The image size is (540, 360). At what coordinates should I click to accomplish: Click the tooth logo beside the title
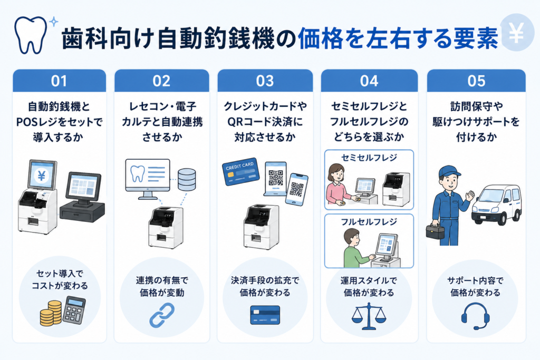(x=30, y=35)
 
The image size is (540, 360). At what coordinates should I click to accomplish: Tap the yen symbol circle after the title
(x=516, y=33)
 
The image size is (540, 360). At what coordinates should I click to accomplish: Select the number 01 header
(x=59, y=81)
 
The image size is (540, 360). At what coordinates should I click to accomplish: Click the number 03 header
(x=265, y=81)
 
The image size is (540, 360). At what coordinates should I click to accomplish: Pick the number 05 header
(x=476, y=81)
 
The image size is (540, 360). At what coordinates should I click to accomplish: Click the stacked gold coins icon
(x=51, y=313)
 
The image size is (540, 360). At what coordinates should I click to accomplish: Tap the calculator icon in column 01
(x=74, y=310)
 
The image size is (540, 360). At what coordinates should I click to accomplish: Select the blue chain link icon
(x=162, y=315)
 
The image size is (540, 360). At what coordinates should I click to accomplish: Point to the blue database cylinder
(x=187, y=179)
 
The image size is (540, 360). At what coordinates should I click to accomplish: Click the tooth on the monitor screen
(x=138, y=174)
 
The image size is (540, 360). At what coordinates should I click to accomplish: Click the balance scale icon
(x=369, y=316)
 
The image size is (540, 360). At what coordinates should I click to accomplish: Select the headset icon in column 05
(x=475, y=316)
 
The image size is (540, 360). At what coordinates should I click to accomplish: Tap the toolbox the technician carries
(x=435, y=231)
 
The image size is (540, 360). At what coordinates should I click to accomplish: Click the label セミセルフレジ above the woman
(x=369, y=158)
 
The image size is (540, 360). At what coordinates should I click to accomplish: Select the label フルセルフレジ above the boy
(x=369, y=222)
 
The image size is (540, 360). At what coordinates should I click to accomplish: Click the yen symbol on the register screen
(x=42, y=176)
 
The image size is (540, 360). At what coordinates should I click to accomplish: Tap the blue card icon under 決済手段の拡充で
(x=265, y=315)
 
